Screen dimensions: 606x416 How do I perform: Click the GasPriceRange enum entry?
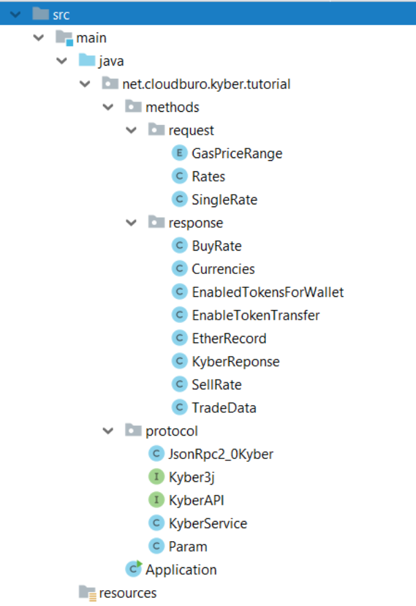coord(237,153)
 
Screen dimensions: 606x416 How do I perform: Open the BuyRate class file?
coord(216,246)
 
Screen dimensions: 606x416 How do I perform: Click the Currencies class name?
coord(223,269)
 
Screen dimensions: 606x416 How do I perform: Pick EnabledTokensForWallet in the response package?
coord(267,292)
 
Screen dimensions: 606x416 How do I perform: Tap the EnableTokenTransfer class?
coord(256,315)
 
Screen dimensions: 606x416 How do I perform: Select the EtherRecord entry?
coord(229,338)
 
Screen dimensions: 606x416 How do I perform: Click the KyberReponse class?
coord(235,362)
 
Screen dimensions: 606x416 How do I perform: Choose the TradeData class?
coord(224,408)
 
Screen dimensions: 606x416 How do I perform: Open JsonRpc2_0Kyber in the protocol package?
coord(220,454)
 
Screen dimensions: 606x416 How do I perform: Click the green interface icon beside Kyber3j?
coord(157,477)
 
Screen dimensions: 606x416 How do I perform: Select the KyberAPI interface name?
coord(196,500)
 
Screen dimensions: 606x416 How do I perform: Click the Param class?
coord(187,547)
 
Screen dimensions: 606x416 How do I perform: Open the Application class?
coord(180,569)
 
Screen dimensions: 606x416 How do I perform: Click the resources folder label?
coord(128,593)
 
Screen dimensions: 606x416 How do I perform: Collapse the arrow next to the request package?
coord(131,130)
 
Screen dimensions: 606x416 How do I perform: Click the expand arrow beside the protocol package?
coord(108,431)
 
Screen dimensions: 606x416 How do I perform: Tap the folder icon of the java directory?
coord(86,61)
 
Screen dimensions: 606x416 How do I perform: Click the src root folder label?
coord(62,14)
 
